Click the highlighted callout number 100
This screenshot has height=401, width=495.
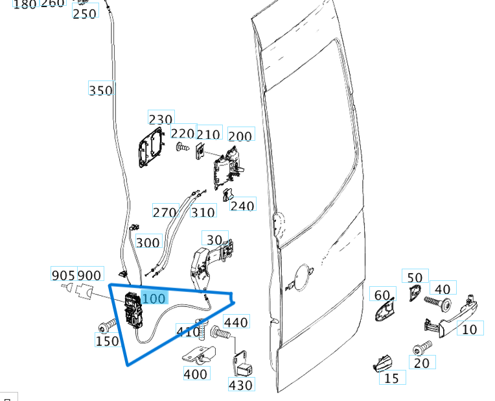pyautogui.click(x=154, y=298)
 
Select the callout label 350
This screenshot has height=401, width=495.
pyautogui.click(x=100, y=90)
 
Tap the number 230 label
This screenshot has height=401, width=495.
pyautogui.click(x=161, y=119)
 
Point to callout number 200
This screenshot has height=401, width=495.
pyautogui.click(x=240, y=136)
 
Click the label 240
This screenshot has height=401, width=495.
pyautogui.click(x=242, y=206)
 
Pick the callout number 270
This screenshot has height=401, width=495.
pyautogui.click(x=165, y=212)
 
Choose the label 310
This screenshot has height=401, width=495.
pyautogui.click(x=203, y=212)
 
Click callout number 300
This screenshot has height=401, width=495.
pyautogui.click(x=148, y=243)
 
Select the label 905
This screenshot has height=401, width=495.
pyautogui.click(x=63, y=275)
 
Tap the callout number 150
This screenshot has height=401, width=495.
pyautogui.click(x=107, y=341)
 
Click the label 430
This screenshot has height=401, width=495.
pyautogui.click(x=241, y=385)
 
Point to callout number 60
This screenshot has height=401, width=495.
pyautogui.click(x=382, y=295)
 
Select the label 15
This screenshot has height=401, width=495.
pyautogui.click(x=392, y=378)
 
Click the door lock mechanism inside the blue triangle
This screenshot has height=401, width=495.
pyautogui.click(x=133, y=311)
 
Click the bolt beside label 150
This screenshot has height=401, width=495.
pyautogui.click(x=106, y=324)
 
